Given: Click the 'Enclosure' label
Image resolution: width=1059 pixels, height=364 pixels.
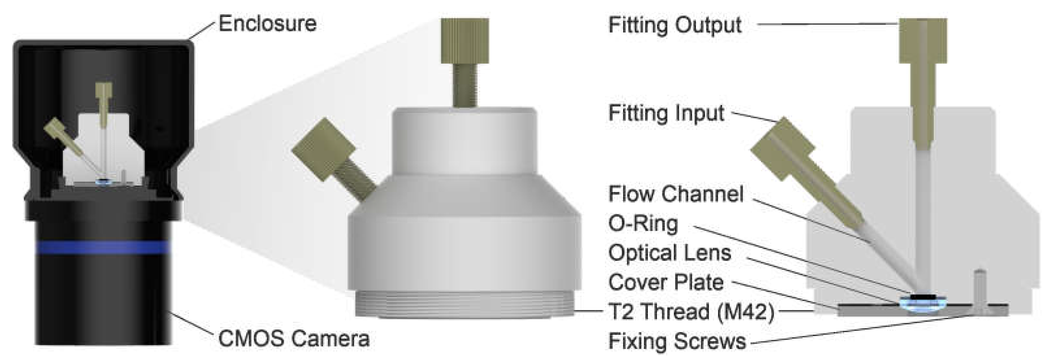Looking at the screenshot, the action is (268, 24).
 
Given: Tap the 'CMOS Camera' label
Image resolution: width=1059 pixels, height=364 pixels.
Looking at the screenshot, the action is (294, 339).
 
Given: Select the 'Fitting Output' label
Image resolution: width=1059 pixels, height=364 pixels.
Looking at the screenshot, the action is (674, 25).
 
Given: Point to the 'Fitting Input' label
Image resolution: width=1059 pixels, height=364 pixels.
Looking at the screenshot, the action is (666, 113).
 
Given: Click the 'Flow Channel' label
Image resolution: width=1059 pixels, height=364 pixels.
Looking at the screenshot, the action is (676, 194).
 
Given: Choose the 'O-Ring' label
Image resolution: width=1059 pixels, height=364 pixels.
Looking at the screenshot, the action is (643, 224).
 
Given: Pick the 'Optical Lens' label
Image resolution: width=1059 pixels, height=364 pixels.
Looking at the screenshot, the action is (670, 253).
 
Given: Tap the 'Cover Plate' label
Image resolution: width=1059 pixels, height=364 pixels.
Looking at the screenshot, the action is (666, 283).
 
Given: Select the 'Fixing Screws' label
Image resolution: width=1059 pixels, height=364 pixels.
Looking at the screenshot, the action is (677, 341).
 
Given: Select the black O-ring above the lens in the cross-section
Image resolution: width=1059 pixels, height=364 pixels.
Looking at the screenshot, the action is (923, 297).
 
